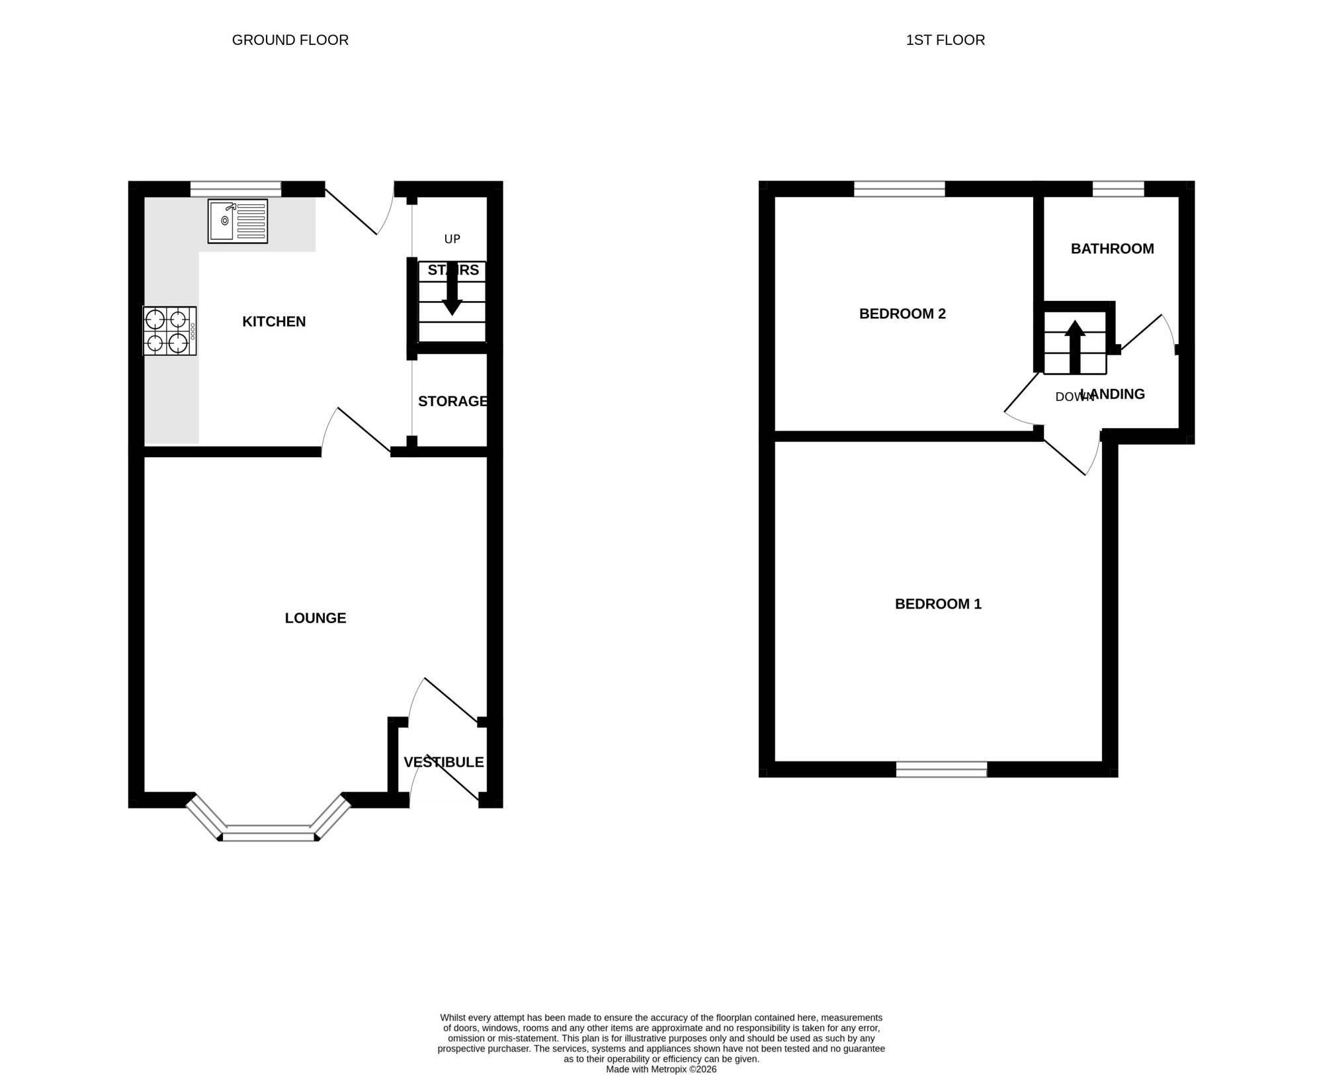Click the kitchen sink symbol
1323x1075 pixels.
point(237,221)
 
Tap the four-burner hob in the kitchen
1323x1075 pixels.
point(170,331)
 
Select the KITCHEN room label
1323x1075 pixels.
point(274,322)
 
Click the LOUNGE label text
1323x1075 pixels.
point(316,618)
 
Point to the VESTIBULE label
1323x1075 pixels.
point(444,762)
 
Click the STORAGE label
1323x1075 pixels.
point(453,401)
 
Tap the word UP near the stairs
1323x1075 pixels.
point(452,239)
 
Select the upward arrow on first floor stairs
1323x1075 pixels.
point(1075,347)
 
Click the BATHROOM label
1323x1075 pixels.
point(1113,249)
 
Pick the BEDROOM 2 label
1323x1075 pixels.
point(902,314)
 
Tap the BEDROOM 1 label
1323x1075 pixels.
point(938,604)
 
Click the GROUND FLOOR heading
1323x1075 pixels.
point(290,40)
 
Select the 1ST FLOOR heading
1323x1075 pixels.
point(945,40)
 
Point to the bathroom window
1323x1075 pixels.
point(1118,189)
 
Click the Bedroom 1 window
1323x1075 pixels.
point(941,769)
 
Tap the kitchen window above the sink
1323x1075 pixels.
point(236,189)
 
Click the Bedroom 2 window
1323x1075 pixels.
point(900,189)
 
